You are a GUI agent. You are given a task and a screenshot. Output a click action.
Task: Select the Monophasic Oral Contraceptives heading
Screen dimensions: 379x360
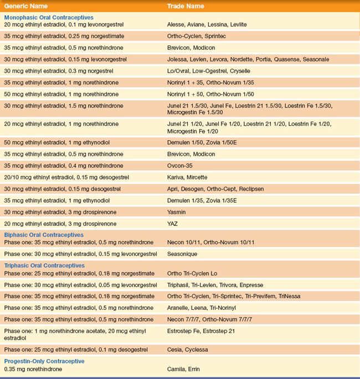tap(49, 18)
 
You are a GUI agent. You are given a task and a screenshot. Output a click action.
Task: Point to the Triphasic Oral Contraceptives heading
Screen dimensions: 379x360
tap(44, 265)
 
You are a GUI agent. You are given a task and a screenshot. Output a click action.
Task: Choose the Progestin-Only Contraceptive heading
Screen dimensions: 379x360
tap(44, 361)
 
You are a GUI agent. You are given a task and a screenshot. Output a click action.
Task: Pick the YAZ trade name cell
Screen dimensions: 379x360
tap(173, 223)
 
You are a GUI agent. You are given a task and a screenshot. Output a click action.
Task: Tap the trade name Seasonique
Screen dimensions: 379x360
tap(182, 254)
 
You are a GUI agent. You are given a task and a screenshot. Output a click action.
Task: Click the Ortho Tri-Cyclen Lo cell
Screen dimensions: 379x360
tap(193, 273)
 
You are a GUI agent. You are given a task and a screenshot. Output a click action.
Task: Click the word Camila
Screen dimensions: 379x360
tap(176, 368)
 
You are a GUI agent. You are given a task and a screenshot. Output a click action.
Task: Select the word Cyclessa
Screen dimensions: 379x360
tap(197, 350)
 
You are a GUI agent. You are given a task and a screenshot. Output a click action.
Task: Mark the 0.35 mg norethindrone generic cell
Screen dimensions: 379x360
tap(33, 368)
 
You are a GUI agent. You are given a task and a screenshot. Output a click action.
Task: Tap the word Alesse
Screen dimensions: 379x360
tap(176, 25)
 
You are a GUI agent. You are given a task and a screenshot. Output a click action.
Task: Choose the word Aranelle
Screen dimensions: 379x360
tap(179, 308)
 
